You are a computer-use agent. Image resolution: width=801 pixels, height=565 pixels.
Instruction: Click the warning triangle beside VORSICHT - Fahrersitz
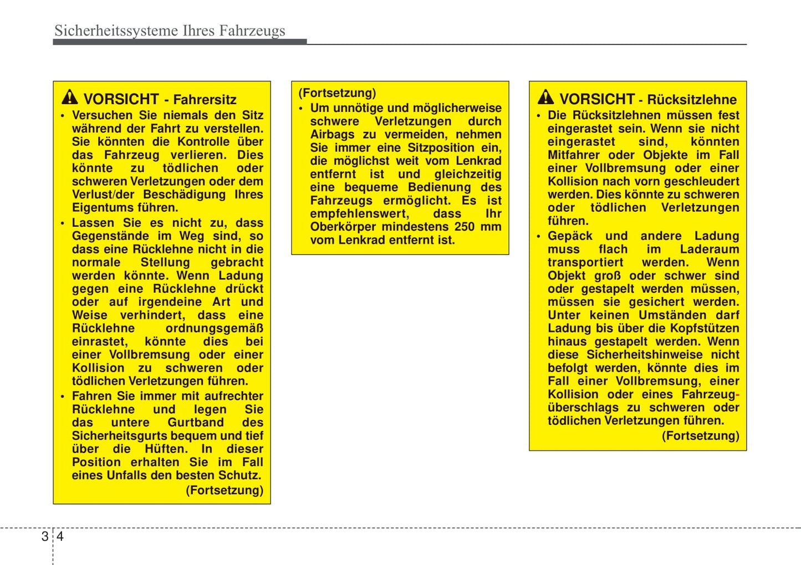70,98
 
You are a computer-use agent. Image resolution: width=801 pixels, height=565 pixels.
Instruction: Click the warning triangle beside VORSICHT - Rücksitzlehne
545,98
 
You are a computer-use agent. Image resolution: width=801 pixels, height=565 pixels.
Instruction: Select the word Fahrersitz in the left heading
205,100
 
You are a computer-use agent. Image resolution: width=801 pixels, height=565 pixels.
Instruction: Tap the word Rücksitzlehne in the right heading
692,100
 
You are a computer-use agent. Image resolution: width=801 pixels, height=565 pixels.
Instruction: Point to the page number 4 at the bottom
60,536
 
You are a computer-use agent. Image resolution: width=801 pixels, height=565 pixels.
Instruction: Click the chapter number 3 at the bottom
45,536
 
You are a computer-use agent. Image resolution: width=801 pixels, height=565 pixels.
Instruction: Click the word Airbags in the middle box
332,134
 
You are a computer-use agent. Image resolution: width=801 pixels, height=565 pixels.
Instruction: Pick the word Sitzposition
441,147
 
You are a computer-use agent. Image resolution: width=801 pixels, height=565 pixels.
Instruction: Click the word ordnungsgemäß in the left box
215,328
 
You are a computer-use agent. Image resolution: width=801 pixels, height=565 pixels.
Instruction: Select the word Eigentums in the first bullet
98,208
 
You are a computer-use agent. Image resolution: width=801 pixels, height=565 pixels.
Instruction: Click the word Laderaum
710,249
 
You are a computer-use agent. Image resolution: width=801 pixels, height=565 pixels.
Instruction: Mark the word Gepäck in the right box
570,236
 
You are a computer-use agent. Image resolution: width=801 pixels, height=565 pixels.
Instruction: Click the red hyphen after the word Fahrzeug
738,395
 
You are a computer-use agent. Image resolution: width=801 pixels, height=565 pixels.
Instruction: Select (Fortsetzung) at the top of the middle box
337,93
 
